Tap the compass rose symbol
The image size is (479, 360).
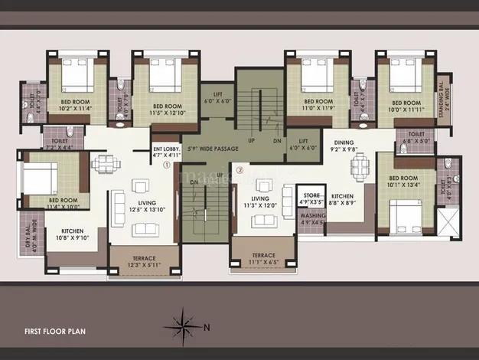(x=184, y=322)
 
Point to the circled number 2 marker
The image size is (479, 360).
(x=239, y=171)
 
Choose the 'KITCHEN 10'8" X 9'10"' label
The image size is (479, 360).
(x=71, y=234)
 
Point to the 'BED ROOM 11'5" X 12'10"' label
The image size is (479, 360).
(x=167, y=110)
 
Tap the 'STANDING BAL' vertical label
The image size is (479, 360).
(x=442, y=100)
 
